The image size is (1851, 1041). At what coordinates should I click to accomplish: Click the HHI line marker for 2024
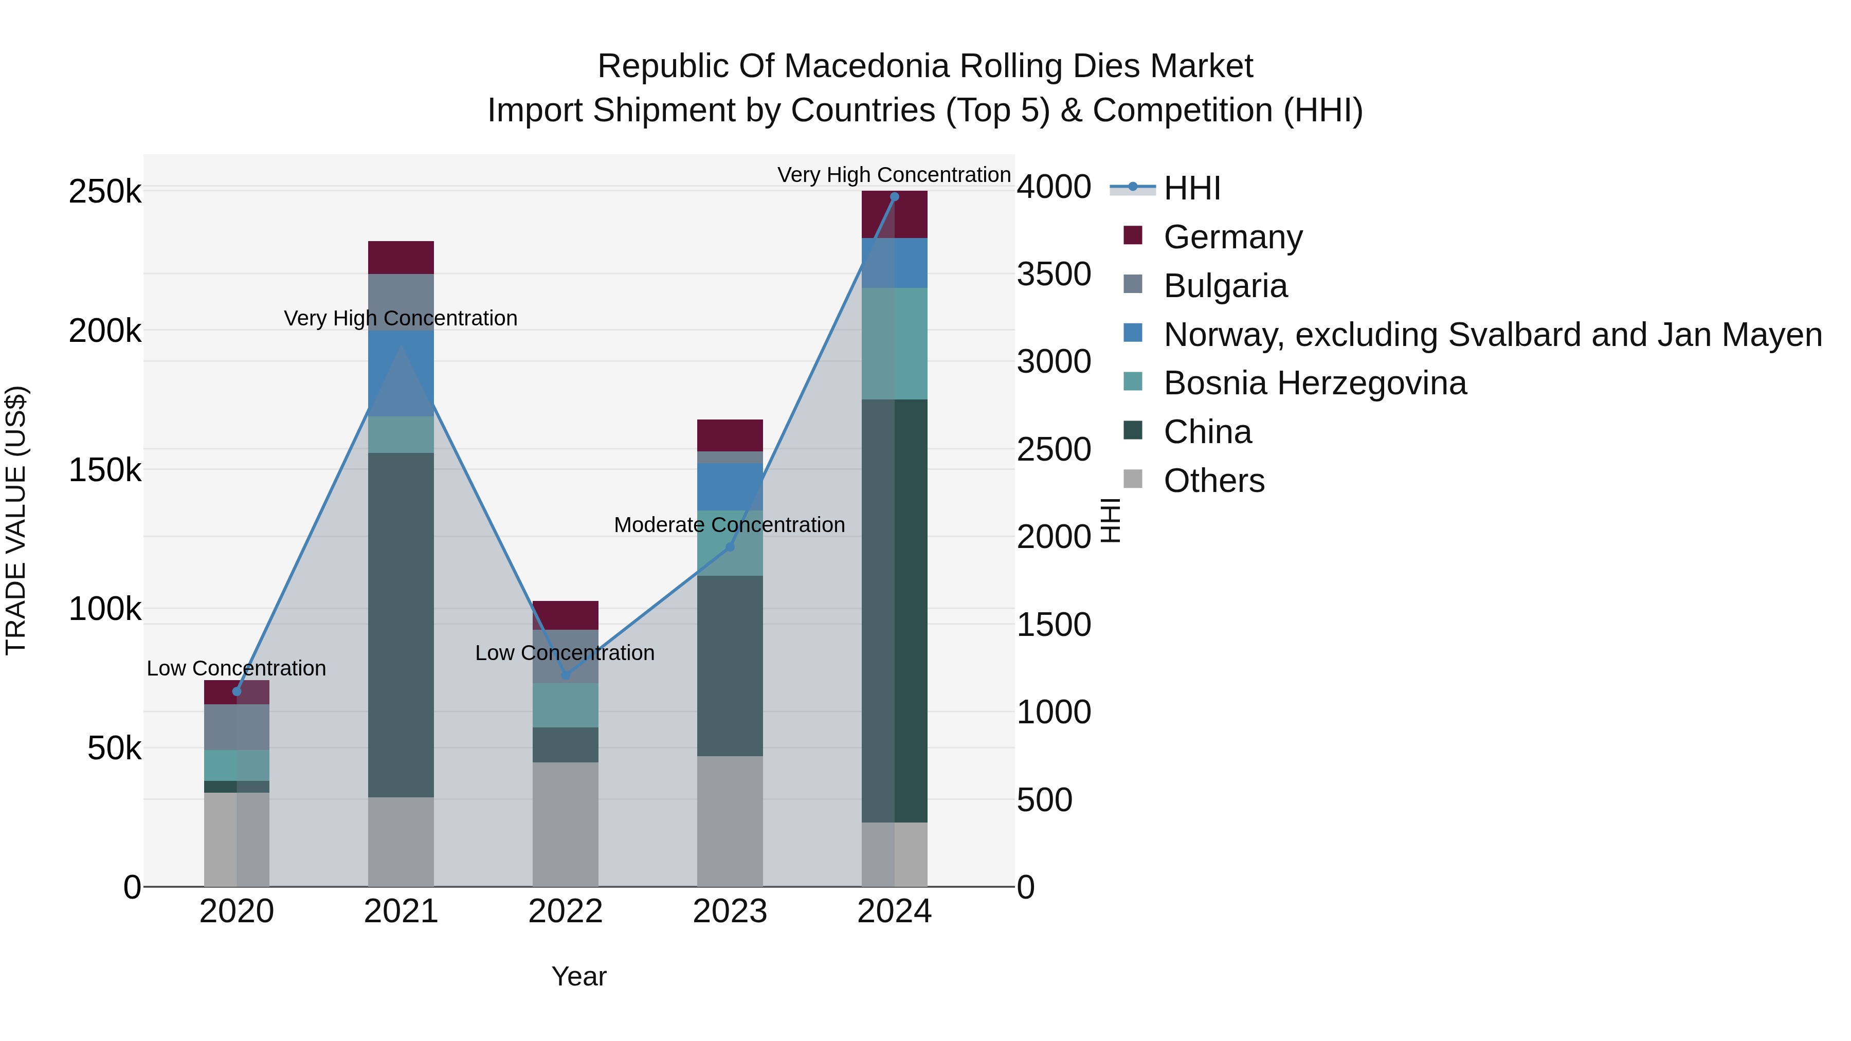coord(894,197)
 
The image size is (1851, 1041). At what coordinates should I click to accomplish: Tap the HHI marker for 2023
coord(730,547)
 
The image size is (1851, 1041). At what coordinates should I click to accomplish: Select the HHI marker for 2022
coord(566,675)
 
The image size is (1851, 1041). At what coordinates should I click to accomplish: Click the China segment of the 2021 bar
coord(401,625)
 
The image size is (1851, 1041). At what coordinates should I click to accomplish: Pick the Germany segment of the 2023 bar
coord(730,435)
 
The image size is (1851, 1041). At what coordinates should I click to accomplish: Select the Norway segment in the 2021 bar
coord(401,374)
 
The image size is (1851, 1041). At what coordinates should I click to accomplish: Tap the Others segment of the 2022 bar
coord(566,825)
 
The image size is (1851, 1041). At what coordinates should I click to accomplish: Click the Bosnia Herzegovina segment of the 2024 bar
coord(895,343)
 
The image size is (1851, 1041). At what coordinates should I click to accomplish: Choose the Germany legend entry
coord(1214,237)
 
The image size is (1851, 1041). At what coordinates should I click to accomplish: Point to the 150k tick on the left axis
coord(105,470)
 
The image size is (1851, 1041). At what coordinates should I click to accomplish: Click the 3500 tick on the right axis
coord(1054,275)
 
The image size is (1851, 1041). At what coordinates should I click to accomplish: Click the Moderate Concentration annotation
coord(729,525)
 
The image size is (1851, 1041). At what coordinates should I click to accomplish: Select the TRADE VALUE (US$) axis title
coord(16,520)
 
